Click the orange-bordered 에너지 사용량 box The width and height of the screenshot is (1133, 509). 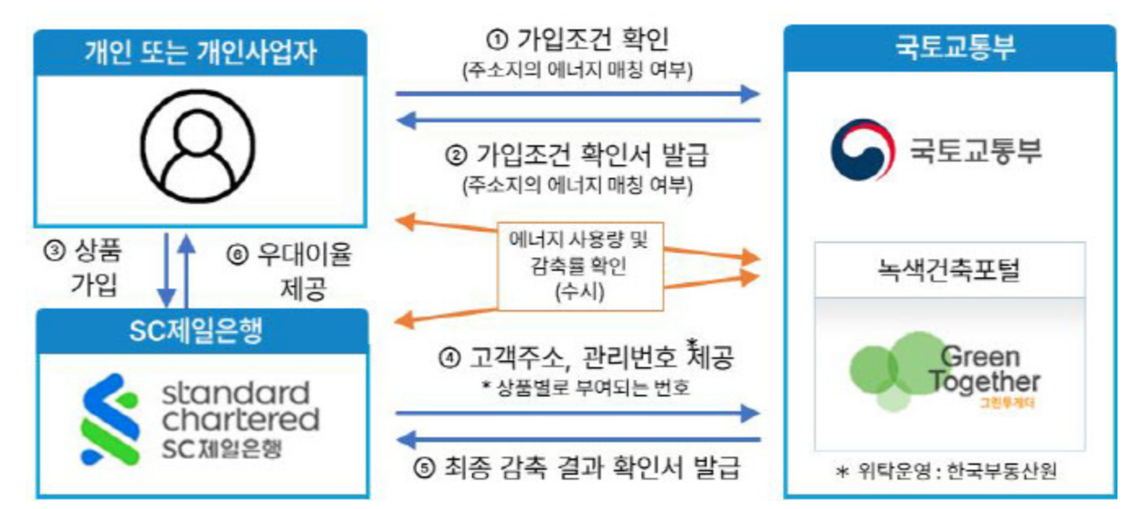click(578, 265)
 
